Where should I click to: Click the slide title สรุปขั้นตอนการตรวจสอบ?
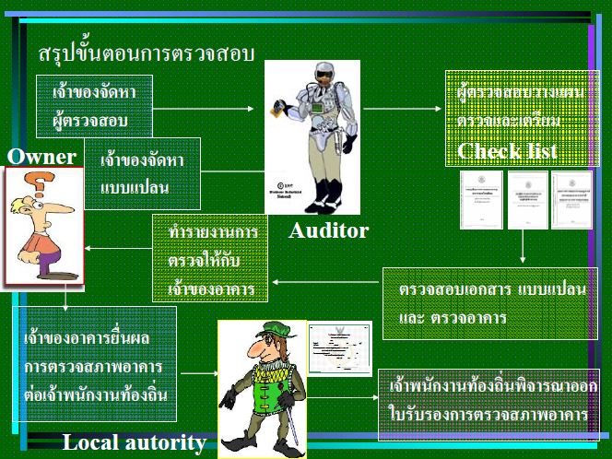coord(147,53)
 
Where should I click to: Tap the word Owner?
coord(41,157)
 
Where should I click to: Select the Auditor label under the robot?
coord(328,230)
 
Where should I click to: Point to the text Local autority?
coord(135,443)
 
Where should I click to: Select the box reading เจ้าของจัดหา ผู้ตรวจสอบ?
coord(95,107)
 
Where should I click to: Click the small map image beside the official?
coord(339,348)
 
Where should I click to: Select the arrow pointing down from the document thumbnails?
coord(523,246)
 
